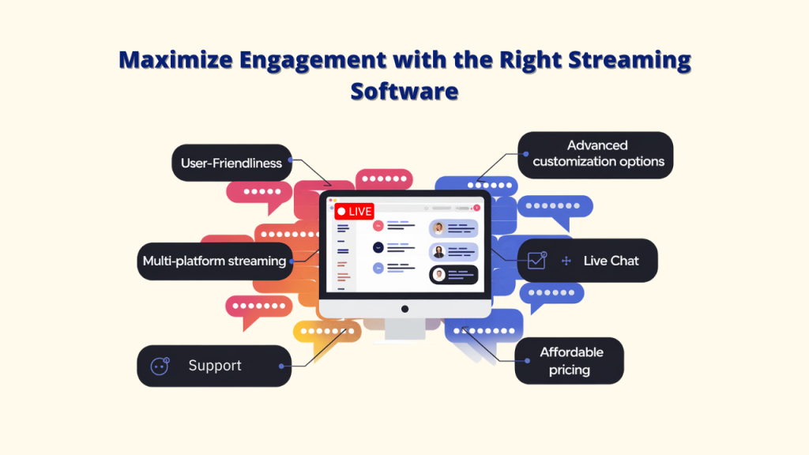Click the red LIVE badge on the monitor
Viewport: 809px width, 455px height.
(x=354, y=212)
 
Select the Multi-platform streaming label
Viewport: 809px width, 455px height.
(x=214, y=261)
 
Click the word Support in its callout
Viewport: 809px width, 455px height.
(x=215, y=366)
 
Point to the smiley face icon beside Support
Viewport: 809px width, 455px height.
(x=160, y=366)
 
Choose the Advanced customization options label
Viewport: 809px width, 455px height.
(x=598, y=154)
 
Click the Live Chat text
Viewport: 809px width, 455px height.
(x=611, y=261)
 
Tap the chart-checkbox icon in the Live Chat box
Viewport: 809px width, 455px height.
(x=537, y=260)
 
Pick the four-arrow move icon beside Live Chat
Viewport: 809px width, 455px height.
(x=566, y=261)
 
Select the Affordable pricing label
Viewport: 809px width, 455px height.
(x=571, y=361)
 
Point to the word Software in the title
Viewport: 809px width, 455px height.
(x=404, y=91)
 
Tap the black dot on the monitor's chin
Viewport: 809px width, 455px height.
(x=404, y=309)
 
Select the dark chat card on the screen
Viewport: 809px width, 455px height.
(x=453, y=274)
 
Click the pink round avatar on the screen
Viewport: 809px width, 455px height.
(x=378, y=226)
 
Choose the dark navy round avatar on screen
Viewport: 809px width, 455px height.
(x=378, y=247)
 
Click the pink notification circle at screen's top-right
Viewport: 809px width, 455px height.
(x=476, y=207)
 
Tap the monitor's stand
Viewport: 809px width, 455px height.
(x=404, y=329)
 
